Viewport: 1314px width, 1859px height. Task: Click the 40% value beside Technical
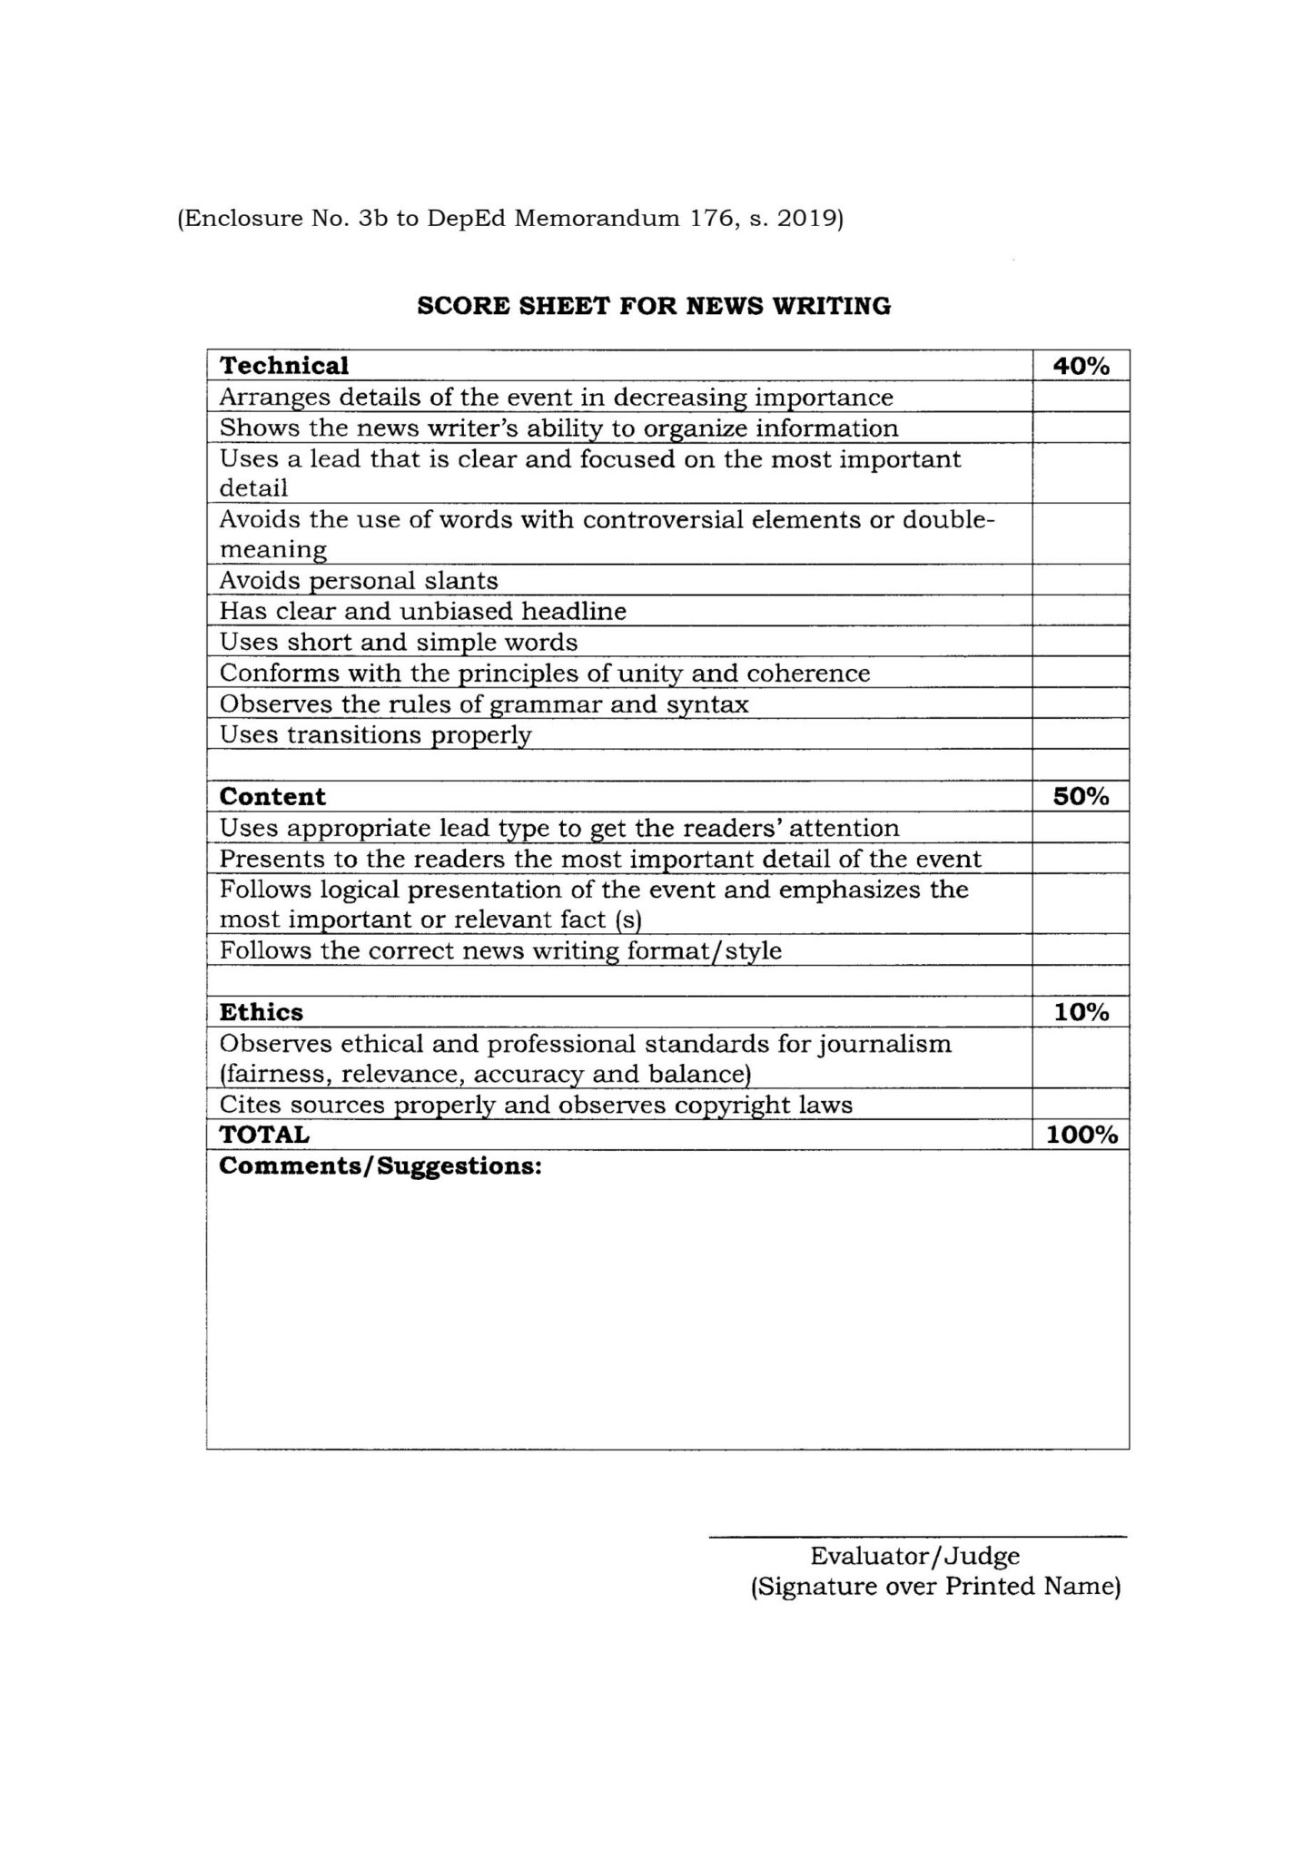tap(1081, 366)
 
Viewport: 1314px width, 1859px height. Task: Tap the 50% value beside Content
tap(1081, 796)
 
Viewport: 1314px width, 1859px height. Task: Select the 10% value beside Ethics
tap(1081, 1012)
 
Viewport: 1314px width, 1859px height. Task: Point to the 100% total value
tap(1081, 1135)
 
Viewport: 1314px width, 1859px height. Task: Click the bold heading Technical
tap(284, 366)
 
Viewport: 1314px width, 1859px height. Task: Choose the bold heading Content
tap(272, 796)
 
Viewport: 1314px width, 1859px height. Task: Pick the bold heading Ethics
tap(262, 1012)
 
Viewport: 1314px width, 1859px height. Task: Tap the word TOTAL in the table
tap(264, 1135)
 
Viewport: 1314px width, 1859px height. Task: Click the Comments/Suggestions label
tap(380, 1166)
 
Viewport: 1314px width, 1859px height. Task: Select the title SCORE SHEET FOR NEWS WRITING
tap(654, 306)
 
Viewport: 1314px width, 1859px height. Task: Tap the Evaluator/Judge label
tap(914, 1556)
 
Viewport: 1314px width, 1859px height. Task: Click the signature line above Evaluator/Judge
tap(917, 1537)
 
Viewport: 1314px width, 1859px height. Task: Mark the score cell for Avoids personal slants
tap(1081, 580)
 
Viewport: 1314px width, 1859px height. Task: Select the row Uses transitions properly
tap(375, 734)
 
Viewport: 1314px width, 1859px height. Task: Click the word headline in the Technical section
tap(573, 611)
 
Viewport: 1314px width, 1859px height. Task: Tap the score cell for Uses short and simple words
tap(1081, 642)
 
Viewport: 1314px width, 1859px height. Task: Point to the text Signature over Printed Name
tap(935, 1587)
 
